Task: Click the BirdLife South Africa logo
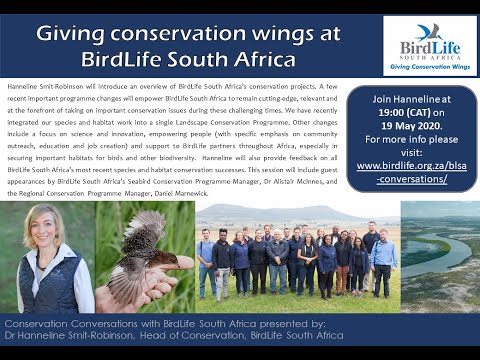[x=429, y=45]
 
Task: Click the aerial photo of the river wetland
[x=439, y=256]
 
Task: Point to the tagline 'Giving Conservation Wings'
[x=429, y=68]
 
